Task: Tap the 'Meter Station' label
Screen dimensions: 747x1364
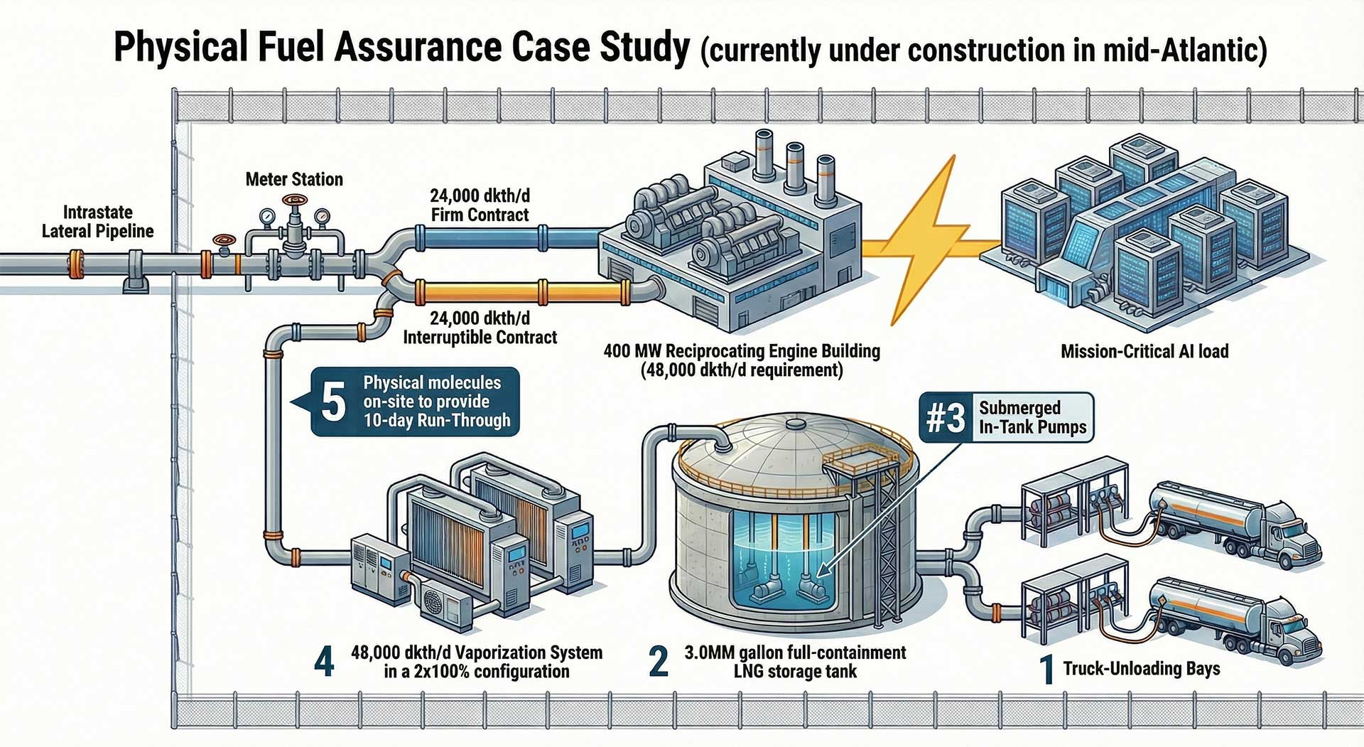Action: [294, 179]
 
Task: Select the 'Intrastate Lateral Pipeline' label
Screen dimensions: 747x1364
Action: [97, 222]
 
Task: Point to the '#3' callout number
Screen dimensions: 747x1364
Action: [946, 417]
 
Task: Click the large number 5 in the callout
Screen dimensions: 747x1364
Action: [333, 402]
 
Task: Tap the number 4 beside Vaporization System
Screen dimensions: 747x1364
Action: [324, 662]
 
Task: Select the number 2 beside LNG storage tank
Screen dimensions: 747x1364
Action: [659, 662]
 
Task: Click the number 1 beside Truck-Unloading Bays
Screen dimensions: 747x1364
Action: [1046, 670]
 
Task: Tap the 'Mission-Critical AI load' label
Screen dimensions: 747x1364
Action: [1144, 351]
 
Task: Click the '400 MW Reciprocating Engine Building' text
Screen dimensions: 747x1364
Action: [742, 351]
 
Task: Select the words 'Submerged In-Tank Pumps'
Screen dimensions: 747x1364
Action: [1032, 417]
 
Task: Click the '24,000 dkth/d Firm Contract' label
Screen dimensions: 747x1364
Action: [480, 205]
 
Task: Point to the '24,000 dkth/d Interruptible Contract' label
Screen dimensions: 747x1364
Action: [480, 328]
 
